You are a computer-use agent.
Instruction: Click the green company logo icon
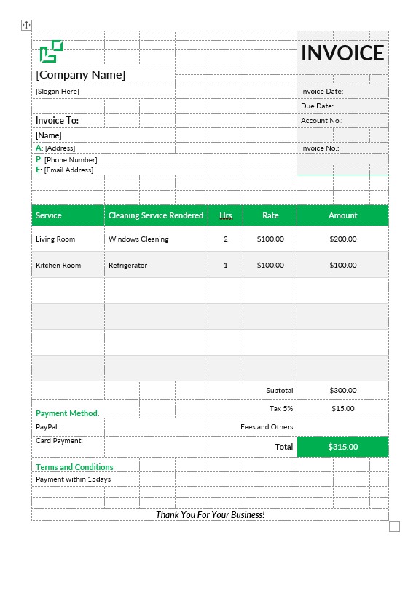point(51,51)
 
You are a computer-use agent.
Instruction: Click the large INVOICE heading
point(342,52)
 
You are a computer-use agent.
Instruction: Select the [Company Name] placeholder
point(81,75)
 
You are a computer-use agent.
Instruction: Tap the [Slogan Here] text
point(58,92)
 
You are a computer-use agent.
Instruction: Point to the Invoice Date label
point(322,92)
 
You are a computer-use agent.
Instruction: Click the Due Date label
point(317,106)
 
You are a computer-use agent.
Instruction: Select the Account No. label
point(321,121)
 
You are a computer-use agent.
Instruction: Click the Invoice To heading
point(57,121)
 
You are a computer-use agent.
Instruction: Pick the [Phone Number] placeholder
point(71,160)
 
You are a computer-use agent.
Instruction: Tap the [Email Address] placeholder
point(68,170)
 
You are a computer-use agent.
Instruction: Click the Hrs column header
point(226,215)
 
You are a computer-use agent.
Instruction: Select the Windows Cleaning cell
point(138,239)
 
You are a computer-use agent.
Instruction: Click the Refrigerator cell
point(127,266)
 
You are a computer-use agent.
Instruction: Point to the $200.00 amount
point(343,239)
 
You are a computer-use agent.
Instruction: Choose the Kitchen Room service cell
point(58,266)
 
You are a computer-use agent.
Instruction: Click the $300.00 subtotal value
point(343,391)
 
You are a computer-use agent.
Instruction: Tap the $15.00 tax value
point(343,409)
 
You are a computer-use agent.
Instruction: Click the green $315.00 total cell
point(343,447)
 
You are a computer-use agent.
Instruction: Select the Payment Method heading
point(68,413)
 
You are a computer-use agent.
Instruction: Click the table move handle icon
point(27,25)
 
